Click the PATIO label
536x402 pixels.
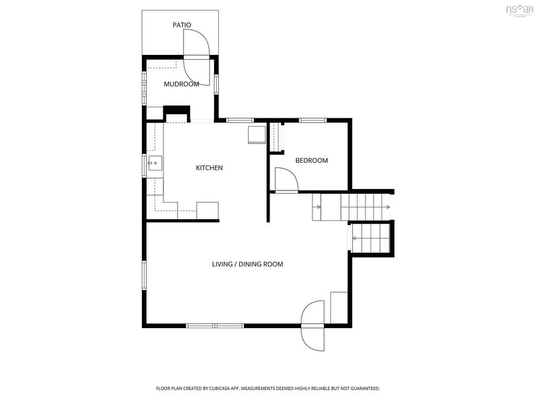click(182, 25)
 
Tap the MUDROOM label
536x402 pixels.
click(181, 84)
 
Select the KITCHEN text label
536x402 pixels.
click(209, 167)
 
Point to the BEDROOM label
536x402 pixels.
click(311, 160)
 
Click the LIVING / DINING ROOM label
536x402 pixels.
click(247, 264)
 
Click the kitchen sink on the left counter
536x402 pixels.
click(154, 163)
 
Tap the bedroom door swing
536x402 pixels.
click(285, 180)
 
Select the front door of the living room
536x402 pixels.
click(313, 326)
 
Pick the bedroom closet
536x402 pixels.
click(275, 137)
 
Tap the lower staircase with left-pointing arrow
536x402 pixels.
click(371, 238)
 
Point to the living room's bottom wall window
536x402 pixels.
click(215, 326)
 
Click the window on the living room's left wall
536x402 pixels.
click(144, 275)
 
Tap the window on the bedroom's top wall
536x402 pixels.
click(312, 120)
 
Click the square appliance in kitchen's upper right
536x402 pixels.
click(256, 135)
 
